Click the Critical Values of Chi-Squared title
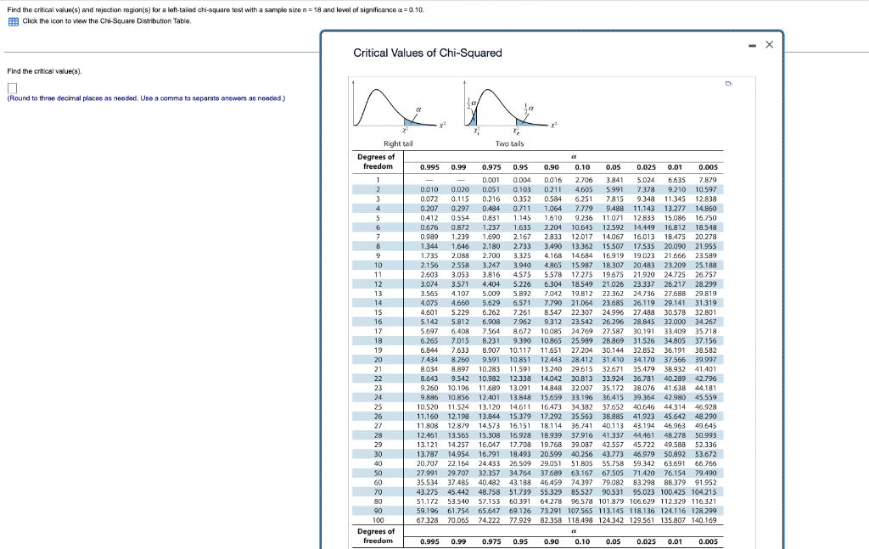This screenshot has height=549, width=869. (427, 53)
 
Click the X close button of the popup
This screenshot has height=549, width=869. (770, 43)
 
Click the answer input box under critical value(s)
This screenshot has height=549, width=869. (12, 87)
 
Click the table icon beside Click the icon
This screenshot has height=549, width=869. (14, 20)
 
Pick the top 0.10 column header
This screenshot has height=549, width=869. (582, 167)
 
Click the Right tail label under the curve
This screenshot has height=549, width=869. (398, 144)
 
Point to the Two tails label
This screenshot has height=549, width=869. (509, 144)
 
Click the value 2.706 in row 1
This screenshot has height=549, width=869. (583, 180)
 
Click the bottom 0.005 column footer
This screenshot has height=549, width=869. (707, 541)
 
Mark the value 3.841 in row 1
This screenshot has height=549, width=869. (613, 180)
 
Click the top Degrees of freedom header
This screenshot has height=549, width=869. (376, 161)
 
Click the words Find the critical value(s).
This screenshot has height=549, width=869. (44, 70)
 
